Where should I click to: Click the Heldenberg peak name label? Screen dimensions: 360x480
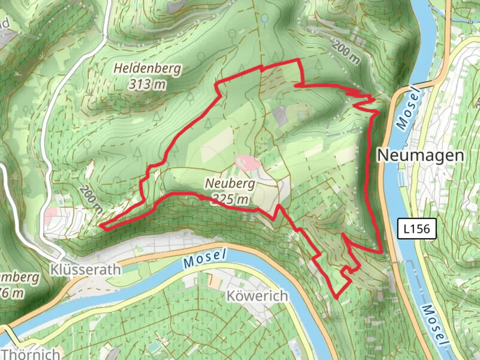point(148,69)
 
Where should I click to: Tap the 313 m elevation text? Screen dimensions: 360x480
point(147,84)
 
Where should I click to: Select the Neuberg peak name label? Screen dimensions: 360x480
point(230,183)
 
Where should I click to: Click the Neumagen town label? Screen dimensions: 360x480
point(421,155)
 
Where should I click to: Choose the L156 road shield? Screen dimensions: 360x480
point(417,229)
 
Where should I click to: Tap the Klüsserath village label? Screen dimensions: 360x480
point(85,269)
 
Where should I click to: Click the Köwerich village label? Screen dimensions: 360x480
point(257,296)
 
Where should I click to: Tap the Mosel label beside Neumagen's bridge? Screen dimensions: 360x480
point(408,108)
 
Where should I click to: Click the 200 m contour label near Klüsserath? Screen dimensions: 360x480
point(91,200)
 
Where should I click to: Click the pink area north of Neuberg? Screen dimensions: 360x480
point(247,162)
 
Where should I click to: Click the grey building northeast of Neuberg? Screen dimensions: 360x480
point(279,116)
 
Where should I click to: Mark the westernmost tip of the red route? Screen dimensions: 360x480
point(100,226)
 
